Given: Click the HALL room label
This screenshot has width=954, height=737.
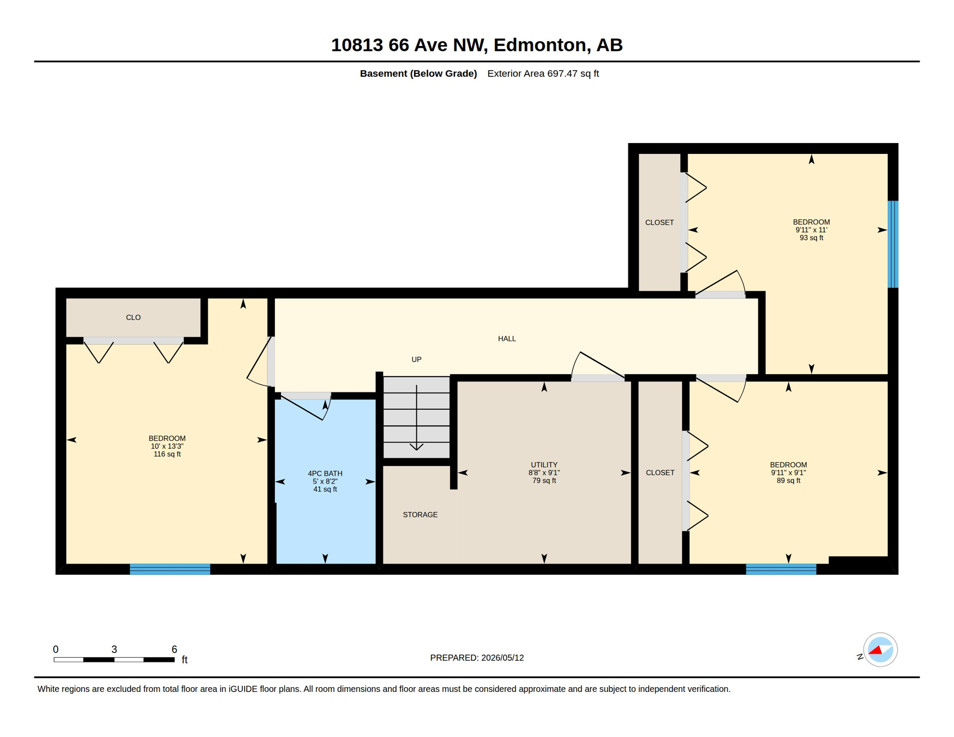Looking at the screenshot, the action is click(507, 339).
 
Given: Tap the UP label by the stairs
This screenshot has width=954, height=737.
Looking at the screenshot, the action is click(417, 359).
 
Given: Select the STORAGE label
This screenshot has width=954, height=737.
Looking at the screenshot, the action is click(420, 515).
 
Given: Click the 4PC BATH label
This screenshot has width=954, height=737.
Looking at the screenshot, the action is click(325, 474).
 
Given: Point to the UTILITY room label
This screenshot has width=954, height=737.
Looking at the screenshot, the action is click(544, 465).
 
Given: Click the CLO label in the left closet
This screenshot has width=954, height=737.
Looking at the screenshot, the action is click(133, 318).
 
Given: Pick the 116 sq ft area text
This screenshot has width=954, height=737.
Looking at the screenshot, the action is click(167, 454).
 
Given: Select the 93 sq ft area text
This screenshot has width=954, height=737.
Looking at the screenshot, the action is click(811, 238).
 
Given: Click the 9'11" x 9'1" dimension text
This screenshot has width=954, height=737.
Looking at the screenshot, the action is click(788, 473).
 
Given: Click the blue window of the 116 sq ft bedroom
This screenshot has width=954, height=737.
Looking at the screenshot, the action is click(170, 569).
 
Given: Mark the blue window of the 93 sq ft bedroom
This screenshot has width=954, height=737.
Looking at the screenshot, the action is click(893, 244).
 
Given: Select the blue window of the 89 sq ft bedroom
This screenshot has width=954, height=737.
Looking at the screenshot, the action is click(781, 569).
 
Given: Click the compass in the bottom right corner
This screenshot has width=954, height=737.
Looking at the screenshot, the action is click(880, 650).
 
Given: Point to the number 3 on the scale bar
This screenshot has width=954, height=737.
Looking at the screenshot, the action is click(114, 649).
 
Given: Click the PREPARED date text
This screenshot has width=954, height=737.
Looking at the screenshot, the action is click(477, 658).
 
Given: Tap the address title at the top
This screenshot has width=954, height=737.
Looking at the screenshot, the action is click(477, 45).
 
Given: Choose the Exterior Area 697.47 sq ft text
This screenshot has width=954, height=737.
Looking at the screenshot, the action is click(543, 73).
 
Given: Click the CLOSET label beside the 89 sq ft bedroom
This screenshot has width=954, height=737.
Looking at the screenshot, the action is click(660, 473).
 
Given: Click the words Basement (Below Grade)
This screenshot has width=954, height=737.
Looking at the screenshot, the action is click(418, 73).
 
